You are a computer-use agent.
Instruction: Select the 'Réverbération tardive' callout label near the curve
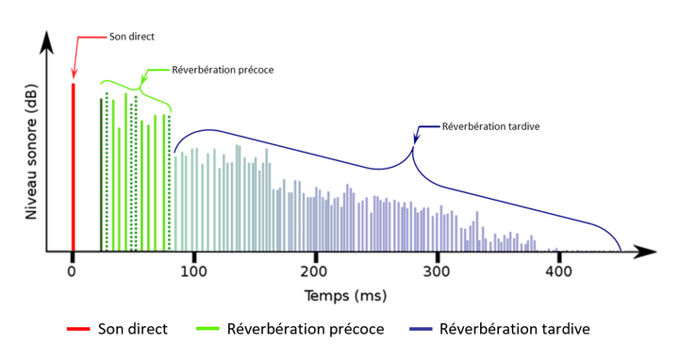[x=490, y=125]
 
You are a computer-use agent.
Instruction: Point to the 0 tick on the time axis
[x=72, y=271]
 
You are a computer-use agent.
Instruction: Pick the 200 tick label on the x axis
[x=315, y=271]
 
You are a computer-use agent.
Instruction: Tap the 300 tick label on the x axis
[x=437, y=271]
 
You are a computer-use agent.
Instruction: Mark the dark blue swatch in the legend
[x=422, y=331]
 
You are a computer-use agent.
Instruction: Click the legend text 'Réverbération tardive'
[x=515, y=330]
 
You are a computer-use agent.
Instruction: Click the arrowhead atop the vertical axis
[x=46, y=41]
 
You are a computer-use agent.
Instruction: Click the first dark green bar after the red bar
[x=101, y=175]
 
